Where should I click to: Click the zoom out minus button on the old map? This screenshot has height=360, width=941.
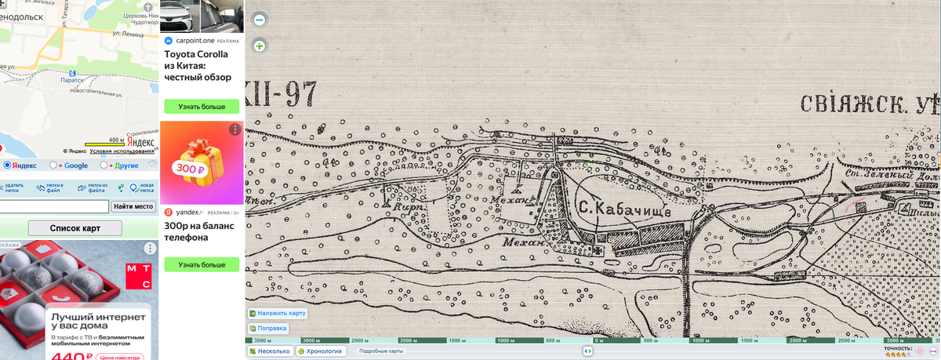pyautogui.click(x=260, y=20)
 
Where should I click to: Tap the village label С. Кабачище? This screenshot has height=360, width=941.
pyautogui.click(x=625, y=209)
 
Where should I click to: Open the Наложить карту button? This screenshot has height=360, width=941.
pyautogui.click(x=278, y=313)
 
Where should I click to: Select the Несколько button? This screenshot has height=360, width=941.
pyautogui.click(x=269, y=351)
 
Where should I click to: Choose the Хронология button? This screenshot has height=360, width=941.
pyautogui.click(x=321, y=351)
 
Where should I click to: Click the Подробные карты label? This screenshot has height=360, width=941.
pyautogui.click(x=381, y=351)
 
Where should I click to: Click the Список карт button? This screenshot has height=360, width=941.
pyautogui.click(x=75, y=228)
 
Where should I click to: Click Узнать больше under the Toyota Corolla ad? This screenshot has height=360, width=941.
pyautogui.click(x=201, y=107)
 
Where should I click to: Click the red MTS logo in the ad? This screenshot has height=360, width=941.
pyautogui.click(x=137, y=278)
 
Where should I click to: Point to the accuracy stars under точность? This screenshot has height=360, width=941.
pyautogui.click(x=898, y=354)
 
